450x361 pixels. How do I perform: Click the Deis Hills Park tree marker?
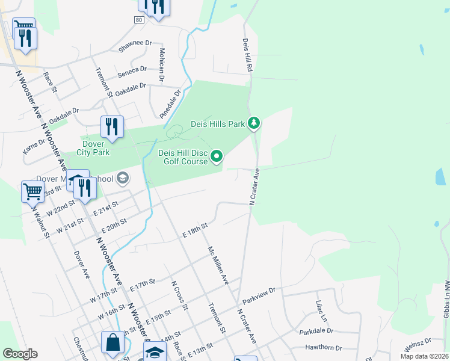coord(254,123)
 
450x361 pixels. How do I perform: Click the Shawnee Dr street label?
coord(135,47)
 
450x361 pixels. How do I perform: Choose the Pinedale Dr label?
coord(170,104)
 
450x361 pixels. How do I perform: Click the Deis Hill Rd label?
coord(247,56)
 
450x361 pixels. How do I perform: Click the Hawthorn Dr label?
coord(323,348)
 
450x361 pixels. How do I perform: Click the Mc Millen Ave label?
coord(218,265)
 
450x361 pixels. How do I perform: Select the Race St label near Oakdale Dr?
coord(49,82)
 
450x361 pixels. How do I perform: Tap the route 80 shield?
coord(140,20)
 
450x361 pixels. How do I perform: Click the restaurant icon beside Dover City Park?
coord(112,126)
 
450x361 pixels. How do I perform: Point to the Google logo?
coord(20,354)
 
